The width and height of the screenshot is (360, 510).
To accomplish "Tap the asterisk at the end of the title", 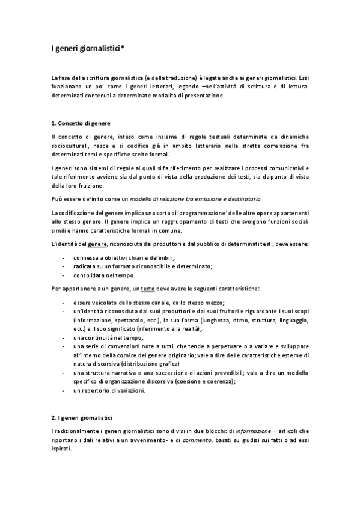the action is tap(123, 46).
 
